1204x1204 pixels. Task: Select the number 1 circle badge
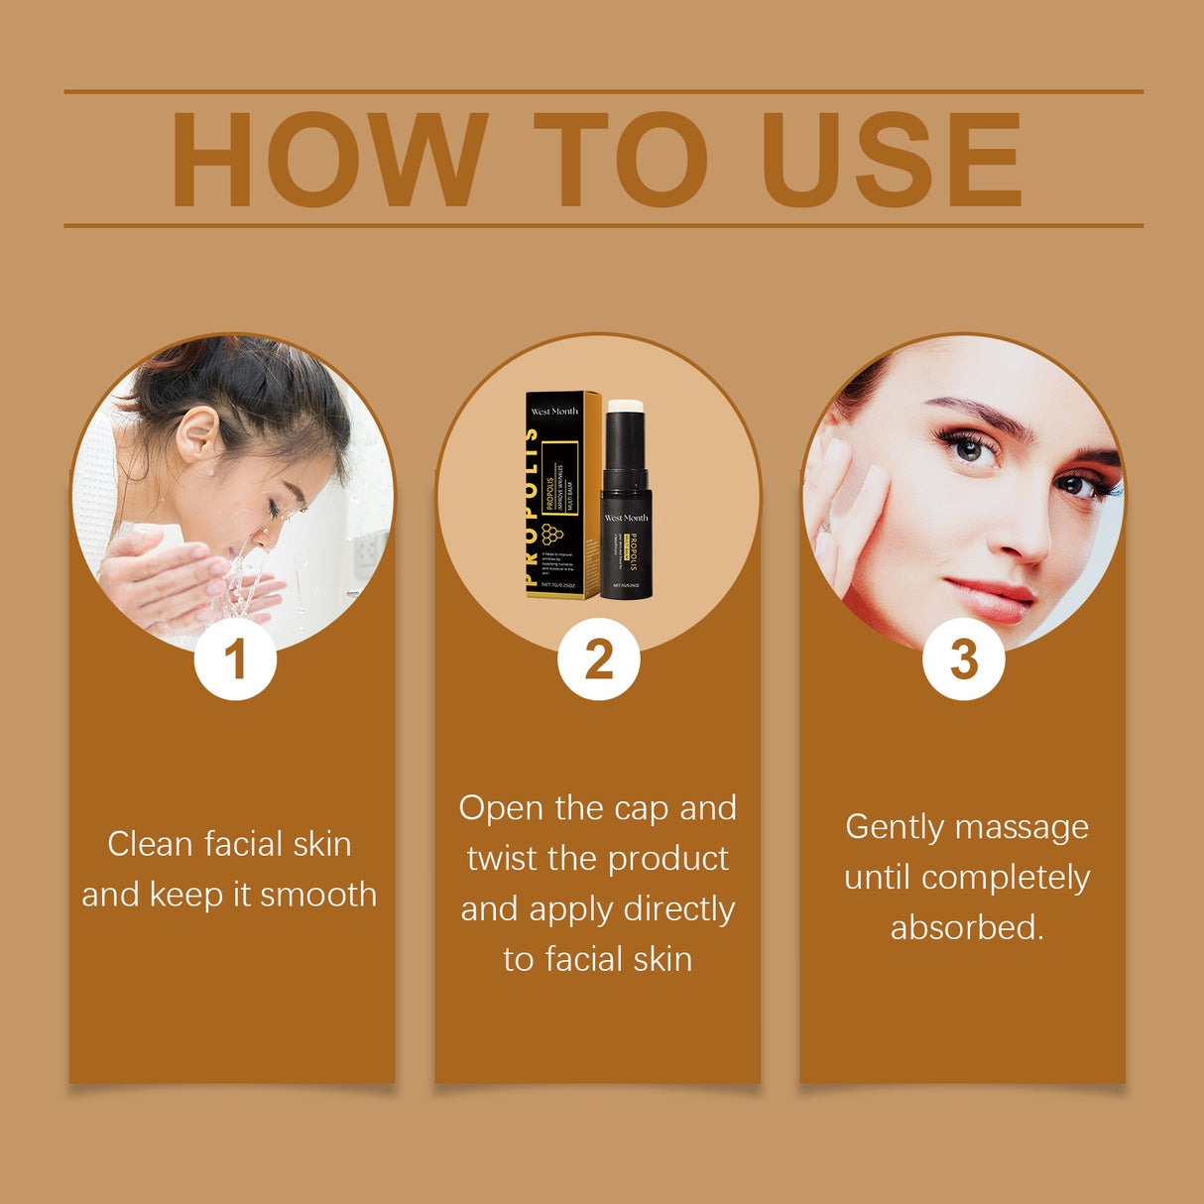[235, 660]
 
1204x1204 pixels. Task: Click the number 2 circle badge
[598, 660]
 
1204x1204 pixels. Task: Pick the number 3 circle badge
[963, 660]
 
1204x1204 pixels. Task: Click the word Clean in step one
[150, 844]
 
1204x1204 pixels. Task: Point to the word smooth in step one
[318, 895]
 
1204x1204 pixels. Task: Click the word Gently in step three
[894, 827]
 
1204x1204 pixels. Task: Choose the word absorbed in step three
[967, 928]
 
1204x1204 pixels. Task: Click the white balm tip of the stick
[625, 406]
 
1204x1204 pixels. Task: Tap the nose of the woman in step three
[1021, 541]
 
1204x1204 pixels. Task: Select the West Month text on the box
[554, 411]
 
